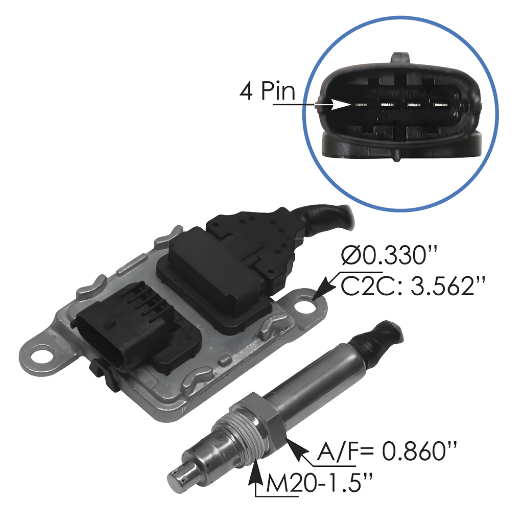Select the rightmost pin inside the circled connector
(x=439, y=105)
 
